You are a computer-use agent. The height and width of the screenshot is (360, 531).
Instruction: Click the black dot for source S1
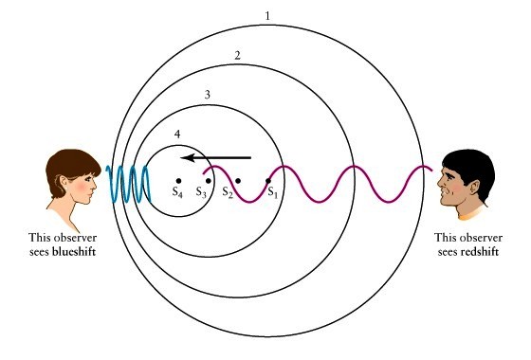(268, 180)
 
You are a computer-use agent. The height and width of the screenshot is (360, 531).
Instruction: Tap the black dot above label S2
(238, 180)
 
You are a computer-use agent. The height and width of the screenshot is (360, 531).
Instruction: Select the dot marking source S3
(208, 180)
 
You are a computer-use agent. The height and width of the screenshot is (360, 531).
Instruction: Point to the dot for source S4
(177, 180)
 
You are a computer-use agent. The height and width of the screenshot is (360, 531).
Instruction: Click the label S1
(272, 193)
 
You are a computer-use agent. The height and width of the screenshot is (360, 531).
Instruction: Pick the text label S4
(178, 193)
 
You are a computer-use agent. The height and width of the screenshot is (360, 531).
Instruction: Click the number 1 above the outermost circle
(268, 17)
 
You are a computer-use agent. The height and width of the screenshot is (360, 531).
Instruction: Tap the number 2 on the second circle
(237, 56)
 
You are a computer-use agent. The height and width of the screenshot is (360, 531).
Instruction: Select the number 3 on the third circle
(207, 96)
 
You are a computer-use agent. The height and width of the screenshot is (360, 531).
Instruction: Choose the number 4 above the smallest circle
(177, 135)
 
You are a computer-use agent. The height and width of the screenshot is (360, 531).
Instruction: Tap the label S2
(228, 193)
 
